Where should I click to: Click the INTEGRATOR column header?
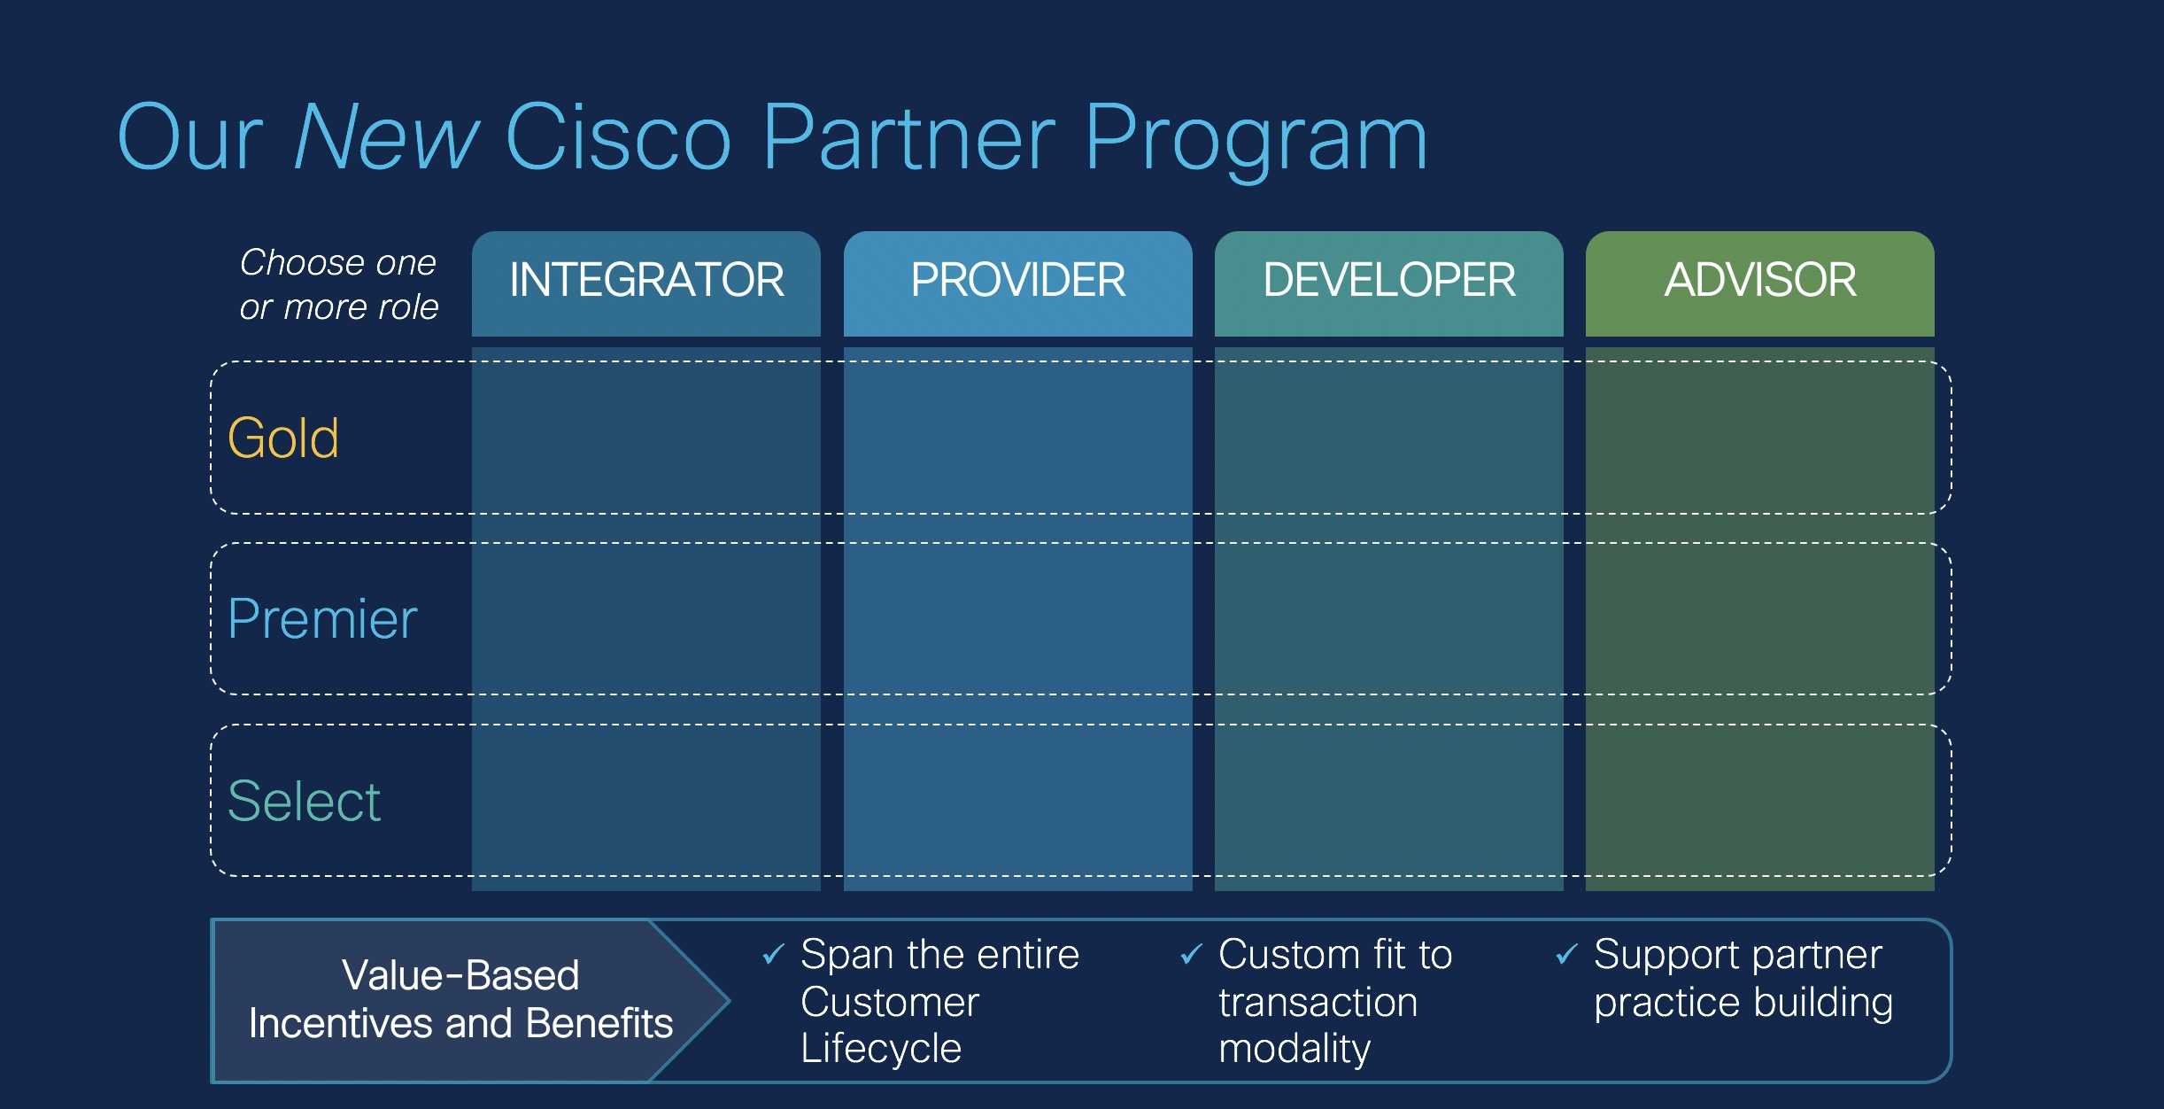pos(646,281)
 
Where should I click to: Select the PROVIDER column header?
pos(1017,281)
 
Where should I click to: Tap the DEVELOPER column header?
pos(1388,281)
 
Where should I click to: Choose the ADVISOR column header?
pos(1759,281)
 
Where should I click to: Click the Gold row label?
pos(283,438)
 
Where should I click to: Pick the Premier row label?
pos(322,618)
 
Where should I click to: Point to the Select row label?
pos(304,801)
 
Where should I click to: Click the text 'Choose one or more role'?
pos(338,284)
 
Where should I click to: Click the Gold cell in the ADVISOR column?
pos(1759,438)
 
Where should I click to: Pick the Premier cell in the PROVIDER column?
pos(1017,618)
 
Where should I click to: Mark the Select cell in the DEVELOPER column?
pos(1388,801)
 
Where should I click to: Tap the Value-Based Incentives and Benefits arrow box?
pos(460,1000)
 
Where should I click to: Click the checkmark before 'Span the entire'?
pos(773,954)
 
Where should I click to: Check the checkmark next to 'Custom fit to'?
pos(1191,954)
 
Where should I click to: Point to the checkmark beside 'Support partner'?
pos(1566,954)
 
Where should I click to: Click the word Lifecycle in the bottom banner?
pos(881,1049)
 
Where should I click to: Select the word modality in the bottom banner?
pos(1295,1049)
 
